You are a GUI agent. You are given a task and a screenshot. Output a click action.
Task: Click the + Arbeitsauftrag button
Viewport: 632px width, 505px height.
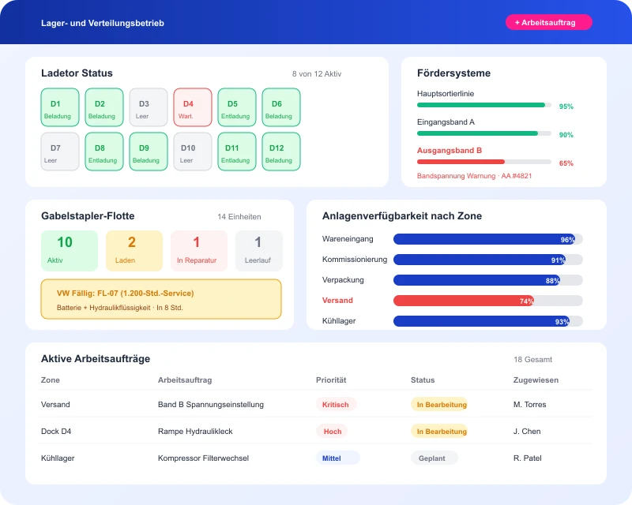[x=548, y=23]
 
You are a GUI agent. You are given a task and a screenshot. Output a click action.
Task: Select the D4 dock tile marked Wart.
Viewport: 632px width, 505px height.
[x=193, y=107]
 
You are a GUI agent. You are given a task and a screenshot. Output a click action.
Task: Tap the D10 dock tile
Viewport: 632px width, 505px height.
[x=193, y=151]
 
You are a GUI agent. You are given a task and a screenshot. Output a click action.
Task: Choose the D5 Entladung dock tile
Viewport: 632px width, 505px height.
[x=237, y=107]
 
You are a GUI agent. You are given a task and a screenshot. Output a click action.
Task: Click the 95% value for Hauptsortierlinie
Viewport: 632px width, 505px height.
[x=566, y=107]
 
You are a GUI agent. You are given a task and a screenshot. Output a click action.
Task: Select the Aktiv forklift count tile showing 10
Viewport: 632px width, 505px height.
[x=70, y=250]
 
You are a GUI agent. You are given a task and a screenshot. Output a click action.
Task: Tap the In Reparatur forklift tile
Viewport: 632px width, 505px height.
[x=199, y=250]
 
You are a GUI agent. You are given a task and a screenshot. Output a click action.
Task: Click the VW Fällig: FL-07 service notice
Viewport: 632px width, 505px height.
[x=161, y=299]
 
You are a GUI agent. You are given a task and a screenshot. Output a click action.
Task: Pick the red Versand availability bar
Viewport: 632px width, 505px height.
[x=464, y=301]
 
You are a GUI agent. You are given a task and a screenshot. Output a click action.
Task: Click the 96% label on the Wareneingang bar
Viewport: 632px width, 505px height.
[x=567, y=240]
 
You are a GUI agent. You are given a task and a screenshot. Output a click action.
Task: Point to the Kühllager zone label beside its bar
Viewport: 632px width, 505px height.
[x=339, y=321]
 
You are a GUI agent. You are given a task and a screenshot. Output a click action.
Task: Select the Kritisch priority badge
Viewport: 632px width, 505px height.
[x=336, y=405]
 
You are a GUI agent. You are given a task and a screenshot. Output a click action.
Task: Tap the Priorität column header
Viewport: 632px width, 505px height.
[x=331, y=380]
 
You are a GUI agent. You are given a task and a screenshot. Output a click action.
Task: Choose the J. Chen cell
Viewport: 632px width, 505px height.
[x=527, y=432]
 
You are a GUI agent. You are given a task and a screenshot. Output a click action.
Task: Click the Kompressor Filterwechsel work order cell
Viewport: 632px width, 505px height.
[x=203, y=458]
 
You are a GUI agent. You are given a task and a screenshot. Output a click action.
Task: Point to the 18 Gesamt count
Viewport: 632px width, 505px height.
[x=532, y=360]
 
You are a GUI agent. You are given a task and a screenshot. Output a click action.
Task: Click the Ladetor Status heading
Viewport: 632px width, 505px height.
[x=77, y=73]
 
